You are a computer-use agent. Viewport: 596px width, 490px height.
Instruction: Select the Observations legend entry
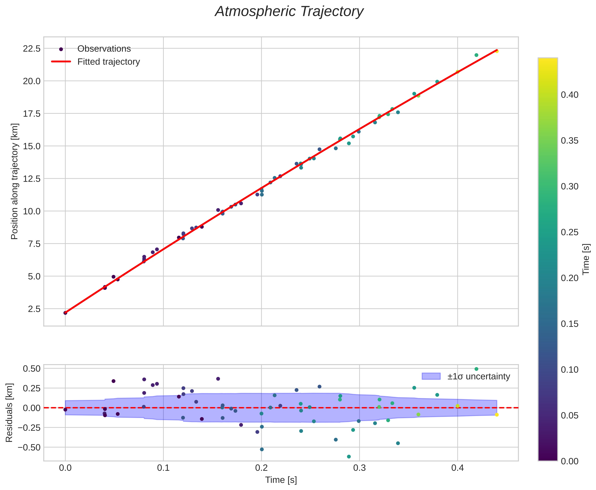[104, 49]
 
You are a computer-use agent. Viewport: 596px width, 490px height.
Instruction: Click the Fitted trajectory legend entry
[108, 62]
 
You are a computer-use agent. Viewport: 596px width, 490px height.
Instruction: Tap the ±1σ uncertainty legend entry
[478, 376]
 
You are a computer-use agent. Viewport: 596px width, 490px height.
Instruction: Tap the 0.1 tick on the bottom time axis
[163, 468]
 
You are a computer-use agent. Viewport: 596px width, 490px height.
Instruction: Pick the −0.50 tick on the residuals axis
[29, 447]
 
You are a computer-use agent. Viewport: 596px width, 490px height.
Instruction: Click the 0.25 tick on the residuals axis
[31, 388]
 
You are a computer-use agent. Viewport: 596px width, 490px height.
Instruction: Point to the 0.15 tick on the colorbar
[569, 324]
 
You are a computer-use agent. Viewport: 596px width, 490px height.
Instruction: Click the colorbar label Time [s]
[586, 259]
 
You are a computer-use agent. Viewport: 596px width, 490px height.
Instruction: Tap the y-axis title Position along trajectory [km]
[15, 181]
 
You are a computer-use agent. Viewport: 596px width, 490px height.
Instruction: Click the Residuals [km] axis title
[9, 413]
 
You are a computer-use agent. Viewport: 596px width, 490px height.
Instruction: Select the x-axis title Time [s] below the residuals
[281, 480]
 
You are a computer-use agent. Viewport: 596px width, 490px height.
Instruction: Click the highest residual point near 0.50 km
[476, 369]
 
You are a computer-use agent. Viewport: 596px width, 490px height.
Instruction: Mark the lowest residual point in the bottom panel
[349, 457]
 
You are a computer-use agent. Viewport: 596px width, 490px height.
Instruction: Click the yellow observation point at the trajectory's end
[497, 51]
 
